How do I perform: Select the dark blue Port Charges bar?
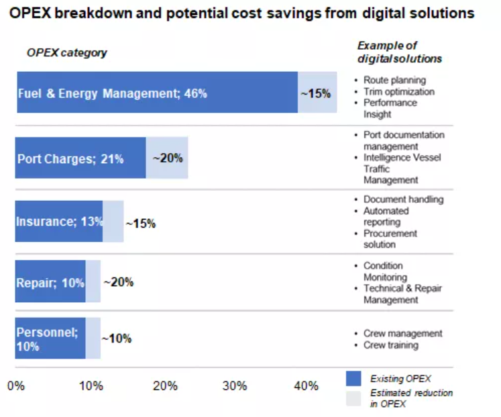point(80,158)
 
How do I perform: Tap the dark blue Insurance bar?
point(59,221)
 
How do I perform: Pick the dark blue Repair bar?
point(50,282)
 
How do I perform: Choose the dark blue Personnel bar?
point(50,338)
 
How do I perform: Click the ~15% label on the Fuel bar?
point(315,93)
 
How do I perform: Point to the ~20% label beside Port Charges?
point(167,158)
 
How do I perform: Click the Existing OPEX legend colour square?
point(353,379)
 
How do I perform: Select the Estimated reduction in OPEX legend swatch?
point(353,398)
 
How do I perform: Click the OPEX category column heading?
point(66,52)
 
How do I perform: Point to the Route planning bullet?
point(394,80)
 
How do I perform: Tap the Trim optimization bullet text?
point(399,91)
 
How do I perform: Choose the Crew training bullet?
point(390,345)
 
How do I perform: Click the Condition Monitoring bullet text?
point(385,271)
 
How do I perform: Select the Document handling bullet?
point(403,199)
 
